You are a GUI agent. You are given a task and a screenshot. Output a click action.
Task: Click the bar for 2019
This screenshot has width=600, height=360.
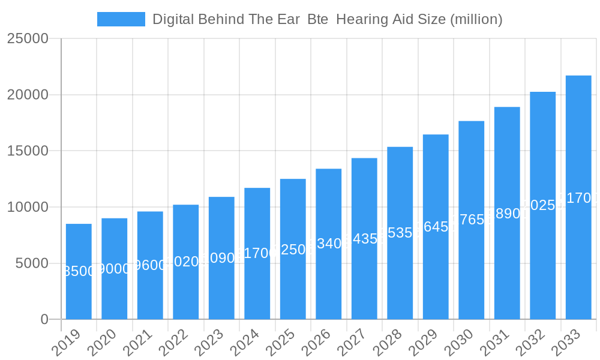click(79, 271)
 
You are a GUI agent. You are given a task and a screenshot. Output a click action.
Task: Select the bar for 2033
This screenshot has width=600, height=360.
click(578, 197)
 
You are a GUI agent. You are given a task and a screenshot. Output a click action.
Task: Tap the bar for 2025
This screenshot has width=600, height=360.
click(293, 249)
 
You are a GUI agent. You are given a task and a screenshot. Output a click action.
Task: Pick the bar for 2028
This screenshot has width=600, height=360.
click(400, 233)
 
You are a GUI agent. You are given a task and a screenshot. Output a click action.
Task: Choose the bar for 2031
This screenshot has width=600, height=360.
click(507, 213)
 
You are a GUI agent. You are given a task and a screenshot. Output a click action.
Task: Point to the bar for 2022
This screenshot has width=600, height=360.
click(185, 262)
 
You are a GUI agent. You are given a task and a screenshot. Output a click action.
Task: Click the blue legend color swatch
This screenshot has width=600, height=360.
click(121, 19)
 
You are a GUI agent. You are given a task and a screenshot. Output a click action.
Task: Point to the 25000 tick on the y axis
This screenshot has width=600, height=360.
click(28, 38)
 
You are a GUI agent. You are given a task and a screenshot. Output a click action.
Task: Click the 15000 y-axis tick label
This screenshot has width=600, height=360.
click(28, 151)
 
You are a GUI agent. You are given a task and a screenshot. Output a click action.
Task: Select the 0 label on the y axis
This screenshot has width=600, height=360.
click(44, 320)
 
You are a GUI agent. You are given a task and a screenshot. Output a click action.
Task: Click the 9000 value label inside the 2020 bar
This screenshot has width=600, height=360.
click(114, 269)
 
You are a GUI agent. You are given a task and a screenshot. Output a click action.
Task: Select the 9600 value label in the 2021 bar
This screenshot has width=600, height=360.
click(150, 265)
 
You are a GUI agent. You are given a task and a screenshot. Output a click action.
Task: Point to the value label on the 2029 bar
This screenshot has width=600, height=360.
click(436, 227)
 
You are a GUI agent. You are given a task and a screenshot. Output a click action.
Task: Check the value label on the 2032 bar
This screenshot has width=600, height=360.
click(542, 205)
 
